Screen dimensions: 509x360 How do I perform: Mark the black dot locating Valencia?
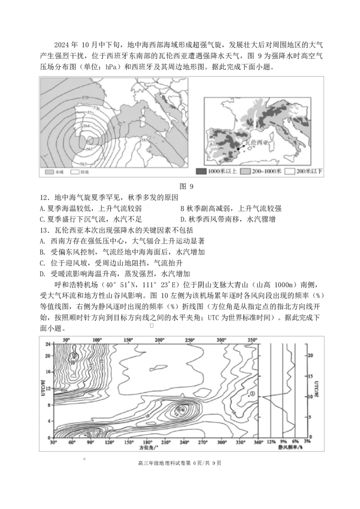pos(238,148)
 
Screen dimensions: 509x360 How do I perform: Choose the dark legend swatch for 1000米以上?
pos(201,171)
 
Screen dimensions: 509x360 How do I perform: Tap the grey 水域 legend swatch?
pos(49,172)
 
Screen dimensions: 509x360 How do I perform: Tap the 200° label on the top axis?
pos(159,340)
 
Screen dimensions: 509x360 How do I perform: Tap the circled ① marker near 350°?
pos(252,394)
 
